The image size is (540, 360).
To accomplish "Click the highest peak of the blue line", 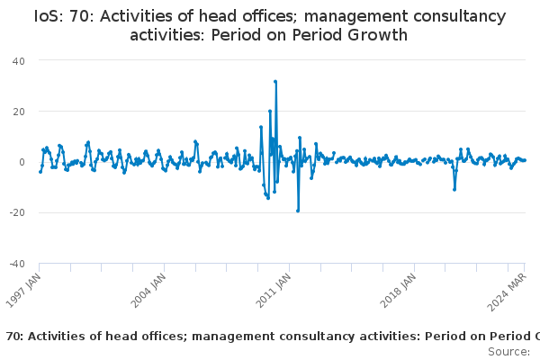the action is [x=275, y=82].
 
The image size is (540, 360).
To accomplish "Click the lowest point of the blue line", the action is [x=298, y=211].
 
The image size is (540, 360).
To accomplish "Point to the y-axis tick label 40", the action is [x=19, y=61].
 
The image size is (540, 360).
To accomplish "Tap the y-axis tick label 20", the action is [x=19, y=112].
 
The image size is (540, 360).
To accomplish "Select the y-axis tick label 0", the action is [x=22, y=162].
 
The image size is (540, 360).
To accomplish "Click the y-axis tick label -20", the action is [x=17, y=212].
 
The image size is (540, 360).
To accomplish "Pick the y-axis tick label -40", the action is [x=17, y=264].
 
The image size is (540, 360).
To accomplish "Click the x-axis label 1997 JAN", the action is [x=23, y=291].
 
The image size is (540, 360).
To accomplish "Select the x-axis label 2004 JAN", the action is [x=148, y=291].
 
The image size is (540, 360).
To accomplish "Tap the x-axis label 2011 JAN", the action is [x=273, y=291].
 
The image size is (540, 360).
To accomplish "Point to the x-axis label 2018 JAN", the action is [x=398, y=291].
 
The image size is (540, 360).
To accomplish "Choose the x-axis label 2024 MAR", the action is [x=507, y=292].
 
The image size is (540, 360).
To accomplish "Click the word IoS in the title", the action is [x=49, y=16].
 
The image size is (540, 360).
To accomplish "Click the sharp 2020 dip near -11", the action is [x=454, y=190].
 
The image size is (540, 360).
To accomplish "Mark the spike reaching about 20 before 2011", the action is [x=270, y=112].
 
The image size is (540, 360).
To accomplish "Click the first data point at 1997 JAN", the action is [x=40, y=172].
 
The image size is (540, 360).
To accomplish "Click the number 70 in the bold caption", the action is [x=13, y=337].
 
